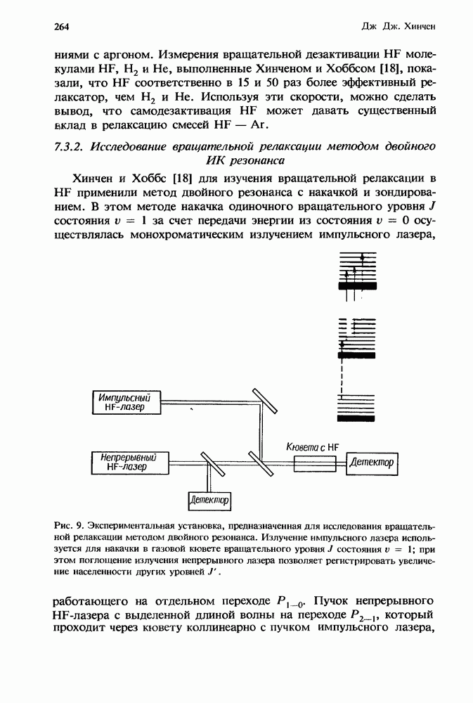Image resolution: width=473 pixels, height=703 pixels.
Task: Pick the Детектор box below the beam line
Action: tap(209, 500)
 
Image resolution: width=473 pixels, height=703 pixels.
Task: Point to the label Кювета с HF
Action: tap(313, 446)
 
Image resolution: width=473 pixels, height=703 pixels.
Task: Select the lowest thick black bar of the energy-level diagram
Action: tap(356, 418)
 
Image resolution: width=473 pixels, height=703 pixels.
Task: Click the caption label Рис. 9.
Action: tap(68, 524)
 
